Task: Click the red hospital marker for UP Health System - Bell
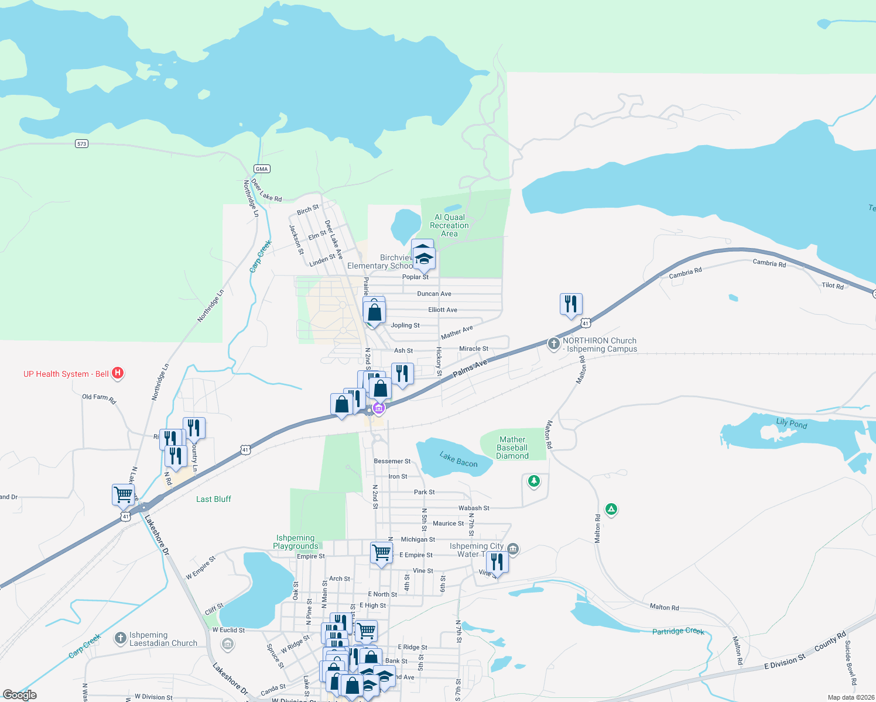click(118, 373)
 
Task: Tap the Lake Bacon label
click(458, 460)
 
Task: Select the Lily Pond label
click(791, 423)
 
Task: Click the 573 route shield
click(81, 143)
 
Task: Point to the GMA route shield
click(262, 169)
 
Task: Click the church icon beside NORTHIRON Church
click(553, 343)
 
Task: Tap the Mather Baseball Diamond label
click(512, 448)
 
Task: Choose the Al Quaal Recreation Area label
click(449, 225)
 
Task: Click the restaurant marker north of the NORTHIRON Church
click(571, 304)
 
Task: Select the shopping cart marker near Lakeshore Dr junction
click(124, 494)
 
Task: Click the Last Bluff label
click(214, 499)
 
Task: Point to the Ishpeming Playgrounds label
click(295, 542)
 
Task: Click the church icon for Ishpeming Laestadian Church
click(120, 638)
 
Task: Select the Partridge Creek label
click(678, 631)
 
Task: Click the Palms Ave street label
click(470, 369)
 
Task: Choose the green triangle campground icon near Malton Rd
click(611, 510)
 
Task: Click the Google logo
click(20, 695)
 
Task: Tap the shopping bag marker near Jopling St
click(375, 312)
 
